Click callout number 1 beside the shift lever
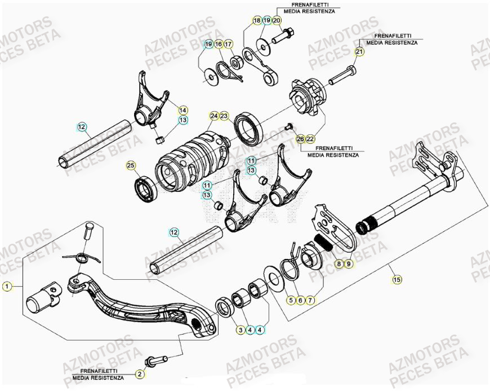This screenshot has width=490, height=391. click(x=7, y=287)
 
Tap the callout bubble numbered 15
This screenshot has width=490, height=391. click(x=397, y=279)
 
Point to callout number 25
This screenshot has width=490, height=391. click(x=131, y=165)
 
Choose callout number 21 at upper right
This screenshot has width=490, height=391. click(x=359, y=52)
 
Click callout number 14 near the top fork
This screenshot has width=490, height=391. click(x=183, y=109)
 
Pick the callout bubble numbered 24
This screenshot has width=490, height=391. click(x=214, y=116)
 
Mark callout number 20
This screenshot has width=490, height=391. click(x=277, y=20)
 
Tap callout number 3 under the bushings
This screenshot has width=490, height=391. click(x=240, y=330)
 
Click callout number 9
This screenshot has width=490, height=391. click(x=348, y=263)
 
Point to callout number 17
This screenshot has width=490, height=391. click(x=228, y=44)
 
